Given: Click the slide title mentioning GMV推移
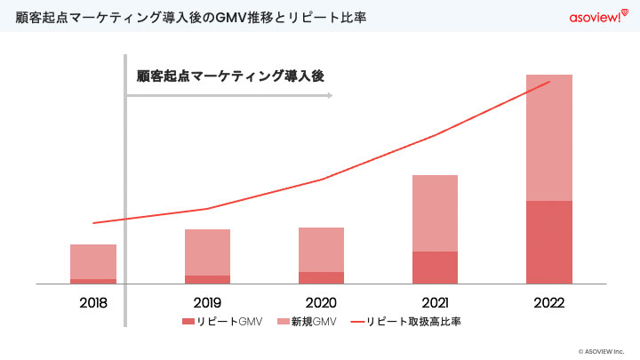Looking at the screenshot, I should (192, 17).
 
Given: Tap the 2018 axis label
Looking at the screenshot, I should (93, 303).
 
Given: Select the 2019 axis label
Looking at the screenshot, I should (207, 303).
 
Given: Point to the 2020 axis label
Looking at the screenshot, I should (321, 303).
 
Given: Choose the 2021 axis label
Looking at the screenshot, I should (435, 303).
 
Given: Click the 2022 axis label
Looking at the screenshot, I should (548, 303).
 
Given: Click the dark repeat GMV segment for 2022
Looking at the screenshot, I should (548, 242).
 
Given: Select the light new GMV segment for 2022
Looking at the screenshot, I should (548, 138).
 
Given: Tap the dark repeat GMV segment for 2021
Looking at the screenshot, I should (435, 267).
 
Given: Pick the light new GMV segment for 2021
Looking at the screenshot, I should (435, 213).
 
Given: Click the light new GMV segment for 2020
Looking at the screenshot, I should (321, 249).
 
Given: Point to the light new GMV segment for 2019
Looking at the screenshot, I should (207, 252).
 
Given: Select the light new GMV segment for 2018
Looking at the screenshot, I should (93, 261).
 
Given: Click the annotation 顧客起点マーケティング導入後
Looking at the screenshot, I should (230, 76).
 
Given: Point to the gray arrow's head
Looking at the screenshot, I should (330, 94).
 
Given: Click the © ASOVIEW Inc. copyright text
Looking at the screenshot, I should (605, 350).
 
